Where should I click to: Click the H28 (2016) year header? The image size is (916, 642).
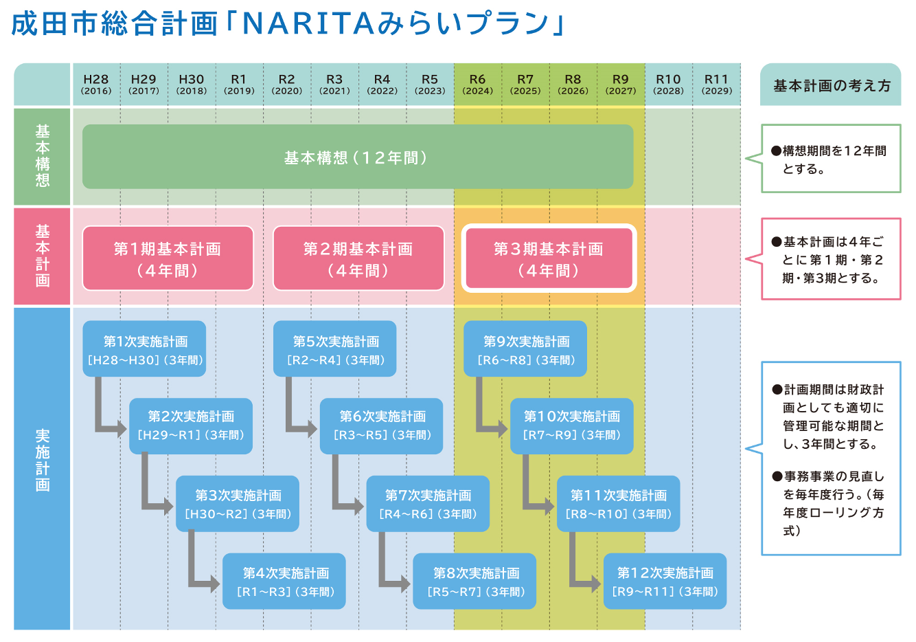[x=96, y=85]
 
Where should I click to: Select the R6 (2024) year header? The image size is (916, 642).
[x=477, y=85]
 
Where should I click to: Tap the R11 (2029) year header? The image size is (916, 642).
[x=716, y=85]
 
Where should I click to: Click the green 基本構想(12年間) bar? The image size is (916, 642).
[x=357, y=157]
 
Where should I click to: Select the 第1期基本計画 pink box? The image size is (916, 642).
[x=168, y=258]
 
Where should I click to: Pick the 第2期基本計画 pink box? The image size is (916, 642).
[x=358, y=258]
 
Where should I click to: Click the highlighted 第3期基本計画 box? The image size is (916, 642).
[x=549, y=258]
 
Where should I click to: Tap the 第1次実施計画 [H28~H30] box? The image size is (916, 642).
[x=144, y=349]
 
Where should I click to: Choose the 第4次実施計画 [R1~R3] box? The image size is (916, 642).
[x=284, y=582]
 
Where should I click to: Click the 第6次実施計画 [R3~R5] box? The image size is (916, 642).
[x=382, y=426]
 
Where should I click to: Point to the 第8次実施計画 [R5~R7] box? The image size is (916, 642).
[x=474, y=582]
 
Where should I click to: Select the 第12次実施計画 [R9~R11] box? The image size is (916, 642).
[x=665, y=582]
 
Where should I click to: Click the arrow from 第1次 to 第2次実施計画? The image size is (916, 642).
[x=106, y=419]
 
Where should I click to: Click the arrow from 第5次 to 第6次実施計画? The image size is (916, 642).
[x=297, y=419]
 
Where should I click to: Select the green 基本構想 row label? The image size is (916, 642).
[x=43, y=156]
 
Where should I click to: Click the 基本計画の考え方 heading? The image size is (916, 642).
[x=831, y=86]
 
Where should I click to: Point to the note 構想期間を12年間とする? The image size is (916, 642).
[x=831, y=159]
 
